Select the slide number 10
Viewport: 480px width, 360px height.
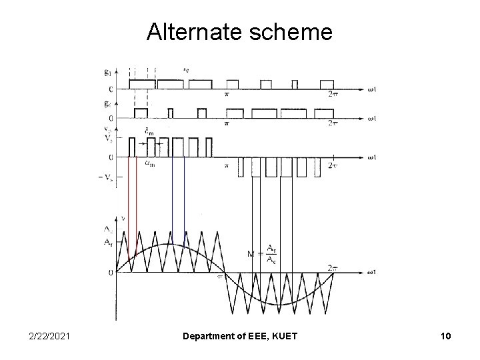445,337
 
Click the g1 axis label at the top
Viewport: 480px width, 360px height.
108,71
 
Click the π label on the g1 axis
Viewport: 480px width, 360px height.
227,95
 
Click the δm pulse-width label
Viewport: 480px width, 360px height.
151,132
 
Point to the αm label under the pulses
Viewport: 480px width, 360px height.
151,163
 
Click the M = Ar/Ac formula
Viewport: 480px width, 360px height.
263,254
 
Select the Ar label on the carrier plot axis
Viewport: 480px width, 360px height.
107,242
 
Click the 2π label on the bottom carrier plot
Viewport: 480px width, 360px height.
334,267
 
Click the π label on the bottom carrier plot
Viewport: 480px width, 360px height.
219,278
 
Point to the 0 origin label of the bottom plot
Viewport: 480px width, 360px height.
110,272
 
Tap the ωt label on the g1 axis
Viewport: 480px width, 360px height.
375,89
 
